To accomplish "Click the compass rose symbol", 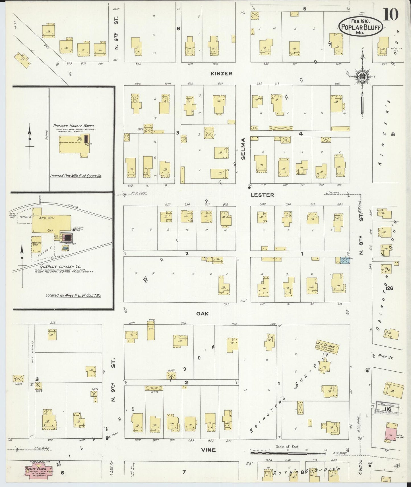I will (x=363, y=77).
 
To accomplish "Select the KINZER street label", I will (x=221, y=74).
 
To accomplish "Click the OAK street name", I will (x=202, y=313).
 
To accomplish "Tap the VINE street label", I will (x=208, y=450).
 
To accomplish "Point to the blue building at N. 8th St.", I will (x=345, y=261).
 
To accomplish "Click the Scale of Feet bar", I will (x=287, y=450).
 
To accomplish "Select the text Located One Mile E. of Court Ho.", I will (x=76, y=176).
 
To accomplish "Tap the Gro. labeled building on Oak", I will (x=151, y=331).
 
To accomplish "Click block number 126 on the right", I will (x=389, y=288).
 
